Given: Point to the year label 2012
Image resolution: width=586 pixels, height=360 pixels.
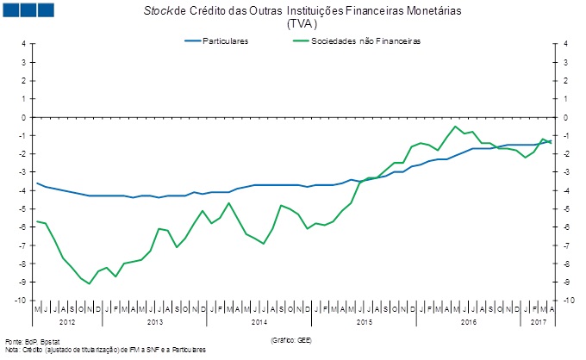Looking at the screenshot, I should coord(66,321).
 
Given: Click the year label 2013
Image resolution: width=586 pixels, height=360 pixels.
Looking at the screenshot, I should coord(154,321).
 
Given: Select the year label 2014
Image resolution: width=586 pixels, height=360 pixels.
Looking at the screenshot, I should coord(259,321).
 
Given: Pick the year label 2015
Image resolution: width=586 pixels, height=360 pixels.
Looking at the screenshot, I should coord(364,321).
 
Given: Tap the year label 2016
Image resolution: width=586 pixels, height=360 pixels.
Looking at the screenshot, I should coord(468,321).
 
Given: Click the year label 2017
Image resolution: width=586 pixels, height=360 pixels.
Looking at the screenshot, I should coord(539,321).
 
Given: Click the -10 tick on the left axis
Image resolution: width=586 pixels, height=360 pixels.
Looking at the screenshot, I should coord(22,301).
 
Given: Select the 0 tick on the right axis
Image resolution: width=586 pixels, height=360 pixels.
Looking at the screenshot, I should coord(565,117).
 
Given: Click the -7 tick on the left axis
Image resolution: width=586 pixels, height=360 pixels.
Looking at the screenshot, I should coord(23,245).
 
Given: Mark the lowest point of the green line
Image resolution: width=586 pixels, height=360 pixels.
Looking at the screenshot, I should coord(90,283).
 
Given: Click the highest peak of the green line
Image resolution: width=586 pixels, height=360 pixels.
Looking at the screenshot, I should coord(455,127).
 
